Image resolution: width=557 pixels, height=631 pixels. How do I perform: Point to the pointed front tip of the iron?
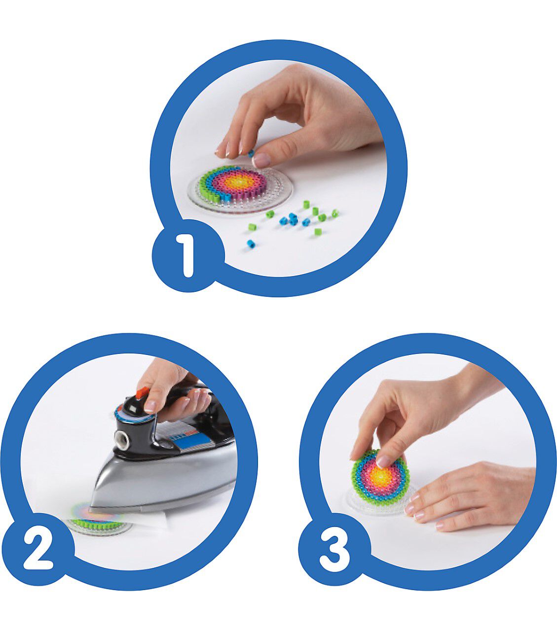click(90, 509)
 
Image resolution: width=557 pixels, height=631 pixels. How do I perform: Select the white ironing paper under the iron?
click(149, 521)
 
